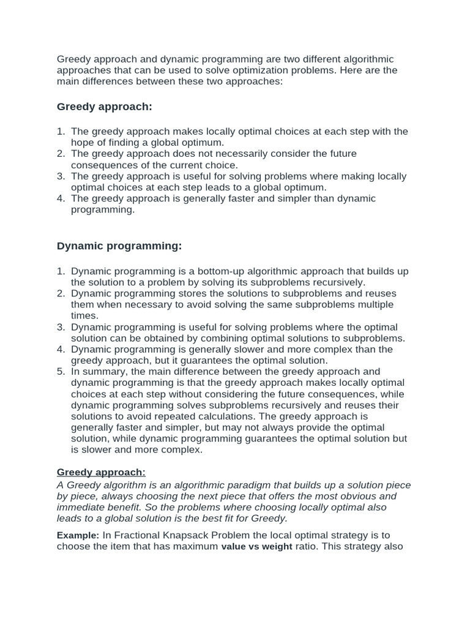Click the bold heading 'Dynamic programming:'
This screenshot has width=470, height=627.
[119, 246]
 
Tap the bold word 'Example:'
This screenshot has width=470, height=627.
[78, 535]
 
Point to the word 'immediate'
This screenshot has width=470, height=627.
[83, 507]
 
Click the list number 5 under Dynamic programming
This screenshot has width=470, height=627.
[61, 372]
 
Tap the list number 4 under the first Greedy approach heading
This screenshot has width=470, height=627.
[61, 198]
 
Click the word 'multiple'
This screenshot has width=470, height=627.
[373, 304]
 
